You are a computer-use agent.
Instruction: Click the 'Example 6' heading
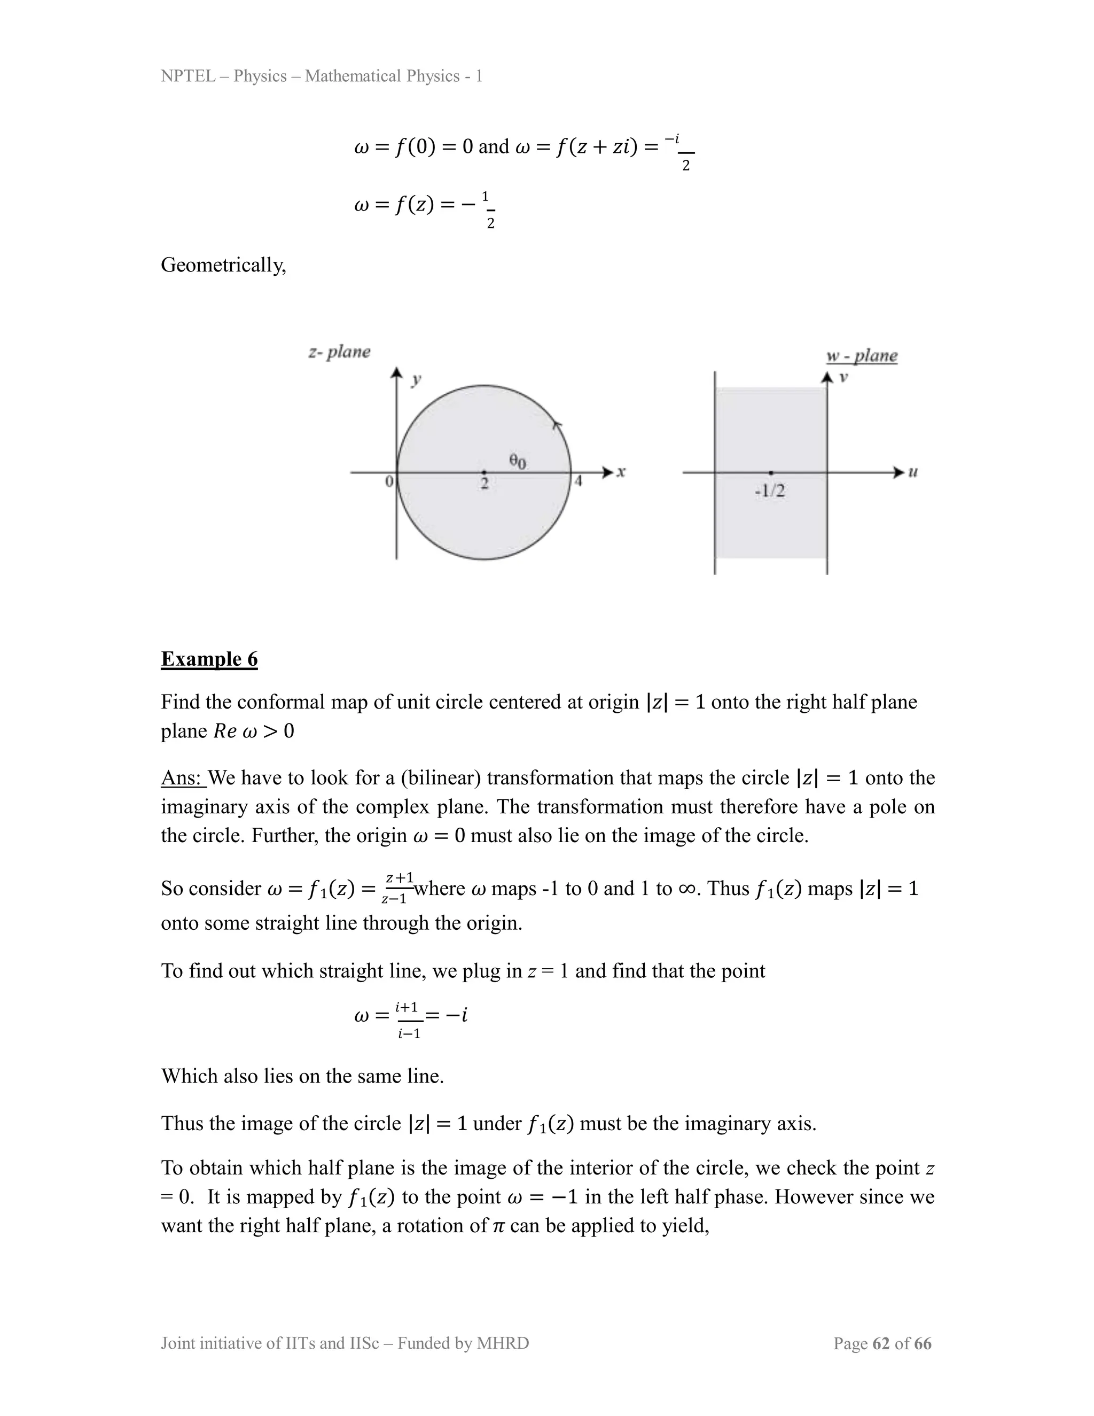(209, 659)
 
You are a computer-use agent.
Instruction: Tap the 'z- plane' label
(339, 352)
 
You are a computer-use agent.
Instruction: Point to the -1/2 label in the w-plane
(770, 491)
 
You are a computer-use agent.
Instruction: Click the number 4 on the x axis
(578, 482)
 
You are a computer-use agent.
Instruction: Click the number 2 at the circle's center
(484, 484)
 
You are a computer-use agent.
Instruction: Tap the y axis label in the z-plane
(417, 379)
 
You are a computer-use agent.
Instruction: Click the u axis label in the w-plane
(912, 473)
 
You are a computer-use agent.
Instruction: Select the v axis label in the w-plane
(843, 377)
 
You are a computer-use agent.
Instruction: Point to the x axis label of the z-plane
(621, 473)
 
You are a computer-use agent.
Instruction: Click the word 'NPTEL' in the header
(188, 76)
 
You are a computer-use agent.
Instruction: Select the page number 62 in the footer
(881, 1343)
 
